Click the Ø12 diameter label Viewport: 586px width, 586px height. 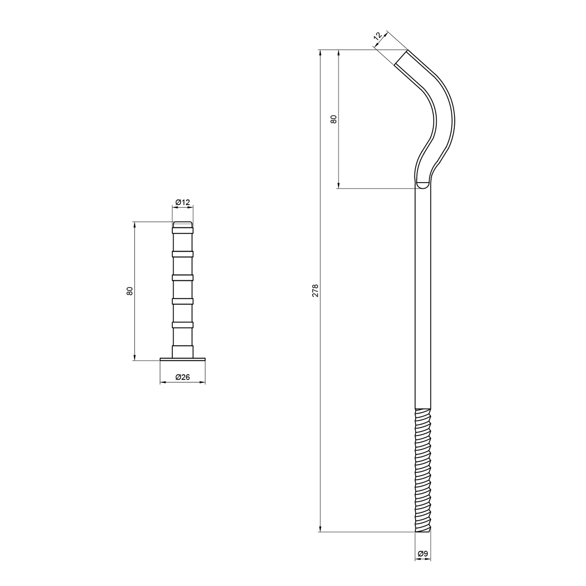pos(183,202)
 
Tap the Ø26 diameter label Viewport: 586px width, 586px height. pos(183,377)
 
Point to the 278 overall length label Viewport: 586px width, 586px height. pos(316,291)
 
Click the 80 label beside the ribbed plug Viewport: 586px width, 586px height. pos(130,291)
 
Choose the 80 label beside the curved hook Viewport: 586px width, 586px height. pos(333,119)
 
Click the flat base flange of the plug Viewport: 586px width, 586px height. pos(183,360)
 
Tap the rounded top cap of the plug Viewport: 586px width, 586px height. pos(183,224)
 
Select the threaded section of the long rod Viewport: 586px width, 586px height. pos(423,470)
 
